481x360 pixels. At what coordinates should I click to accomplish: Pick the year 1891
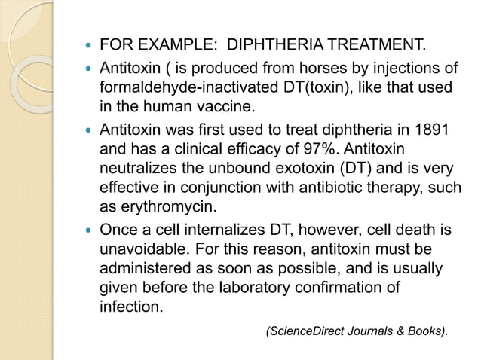point(433,130)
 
